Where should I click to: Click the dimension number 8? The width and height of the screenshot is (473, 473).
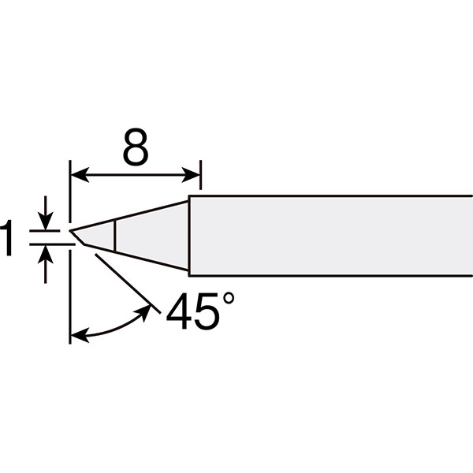[136, 147]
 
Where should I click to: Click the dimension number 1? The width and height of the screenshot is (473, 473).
[6, 238]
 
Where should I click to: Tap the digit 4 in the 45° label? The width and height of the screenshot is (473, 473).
[178, 311]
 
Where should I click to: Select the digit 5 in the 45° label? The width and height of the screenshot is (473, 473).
[205, 311]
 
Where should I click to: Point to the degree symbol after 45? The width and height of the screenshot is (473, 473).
[229, 298]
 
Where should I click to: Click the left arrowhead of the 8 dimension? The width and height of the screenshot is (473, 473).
[80, 175]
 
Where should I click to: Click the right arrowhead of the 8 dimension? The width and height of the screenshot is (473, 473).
[191, 175]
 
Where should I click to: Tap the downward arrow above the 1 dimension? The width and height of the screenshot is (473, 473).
[45, 213]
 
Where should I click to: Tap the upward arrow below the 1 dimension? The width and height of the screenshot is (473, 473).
[45, 264]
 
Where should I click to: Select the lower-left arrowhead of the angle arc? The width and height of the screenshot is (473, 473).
[80, 334]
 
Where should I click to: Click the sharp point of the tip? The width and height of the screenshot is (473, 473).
[70, 231]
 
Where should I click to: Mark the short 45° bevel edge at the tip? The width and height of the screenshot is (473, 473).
[77, 238]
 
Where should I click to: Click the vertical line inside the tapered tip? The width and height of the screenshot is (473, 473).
[115, 236]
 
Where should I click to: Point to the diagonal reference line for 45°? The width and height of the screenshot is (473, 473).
[128, 284]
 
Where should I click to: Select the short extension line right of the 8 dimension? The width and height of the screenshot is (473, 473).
[200, 175]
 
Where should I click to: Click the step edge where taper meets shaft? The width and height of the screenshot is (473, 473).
[189, 236]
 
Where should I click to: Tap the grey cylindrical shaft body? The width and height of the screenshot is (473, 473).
[331, 236]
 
